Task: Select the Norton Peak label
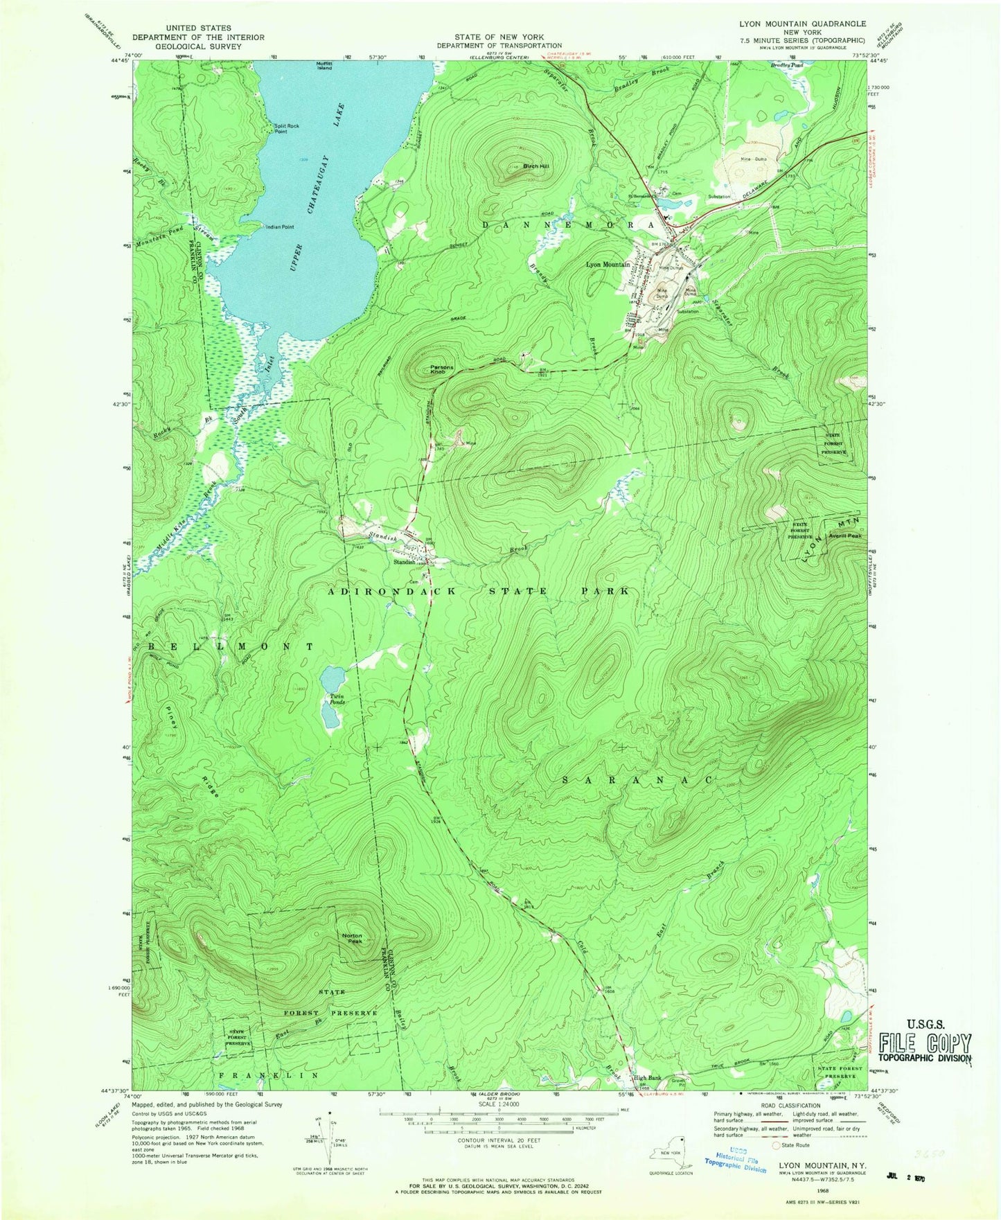353,939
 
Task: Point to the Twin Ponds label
333,699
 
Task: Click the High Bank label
647,1078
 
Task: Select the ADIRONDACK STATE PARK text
478,591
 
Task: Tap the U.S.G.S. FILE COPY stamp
925,1041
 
